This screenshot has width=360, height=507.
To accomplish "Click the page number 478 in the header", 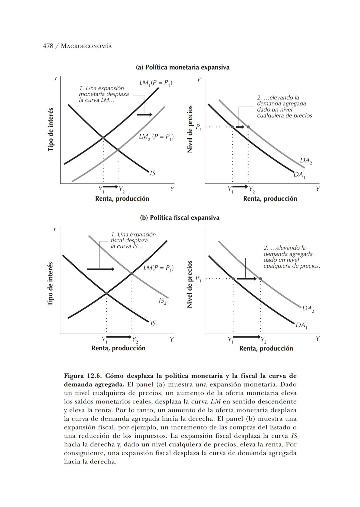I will point(48,46).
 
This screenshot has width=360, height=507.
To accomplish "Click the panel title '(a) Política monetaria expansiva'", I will point(183,67).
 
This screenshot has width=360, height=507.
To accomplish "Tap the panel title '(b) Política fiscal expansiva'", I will point(180,218).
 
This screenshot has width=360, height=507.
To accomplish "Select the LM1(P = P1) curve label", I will point(156,83).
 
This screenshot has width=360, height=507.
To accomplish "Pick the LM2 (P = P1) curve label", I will point(156,136).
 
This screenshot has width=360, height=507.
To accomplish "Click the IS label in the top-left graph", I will point(152,173).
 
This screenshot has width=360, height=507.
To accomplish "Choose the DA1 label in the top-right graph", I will point(299,175).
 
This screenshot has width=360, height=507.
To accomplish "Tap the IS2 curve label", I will point(162,301).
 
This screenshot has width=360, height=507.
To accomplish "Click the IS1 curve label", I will point(154,323).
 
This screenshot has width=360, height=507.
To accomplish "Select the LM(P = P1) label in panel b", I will point(158,268).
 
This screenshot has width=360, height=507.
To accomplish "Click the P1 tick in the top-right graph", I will point(198,127).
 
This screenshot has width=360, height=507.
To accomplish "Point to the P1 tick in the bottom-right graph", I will point(198,279).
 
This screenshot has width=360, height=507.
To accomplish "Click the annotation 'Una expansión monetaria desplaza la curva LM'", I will point(103,94).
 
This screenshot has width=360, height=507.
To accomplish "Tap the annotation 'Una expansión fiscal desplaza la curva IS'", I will point(133,240).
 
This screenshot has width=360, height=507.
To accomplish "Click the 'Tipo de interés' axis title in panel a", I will point(51,129).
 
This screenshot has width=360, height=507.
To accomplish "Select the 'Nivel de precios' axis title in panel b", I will point(190,284).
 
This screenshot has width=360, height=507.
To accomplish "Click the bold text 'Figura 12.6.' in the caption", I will point(83,376).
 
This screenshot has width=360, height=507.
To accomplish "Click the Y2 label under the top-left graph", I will point(121,190).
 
